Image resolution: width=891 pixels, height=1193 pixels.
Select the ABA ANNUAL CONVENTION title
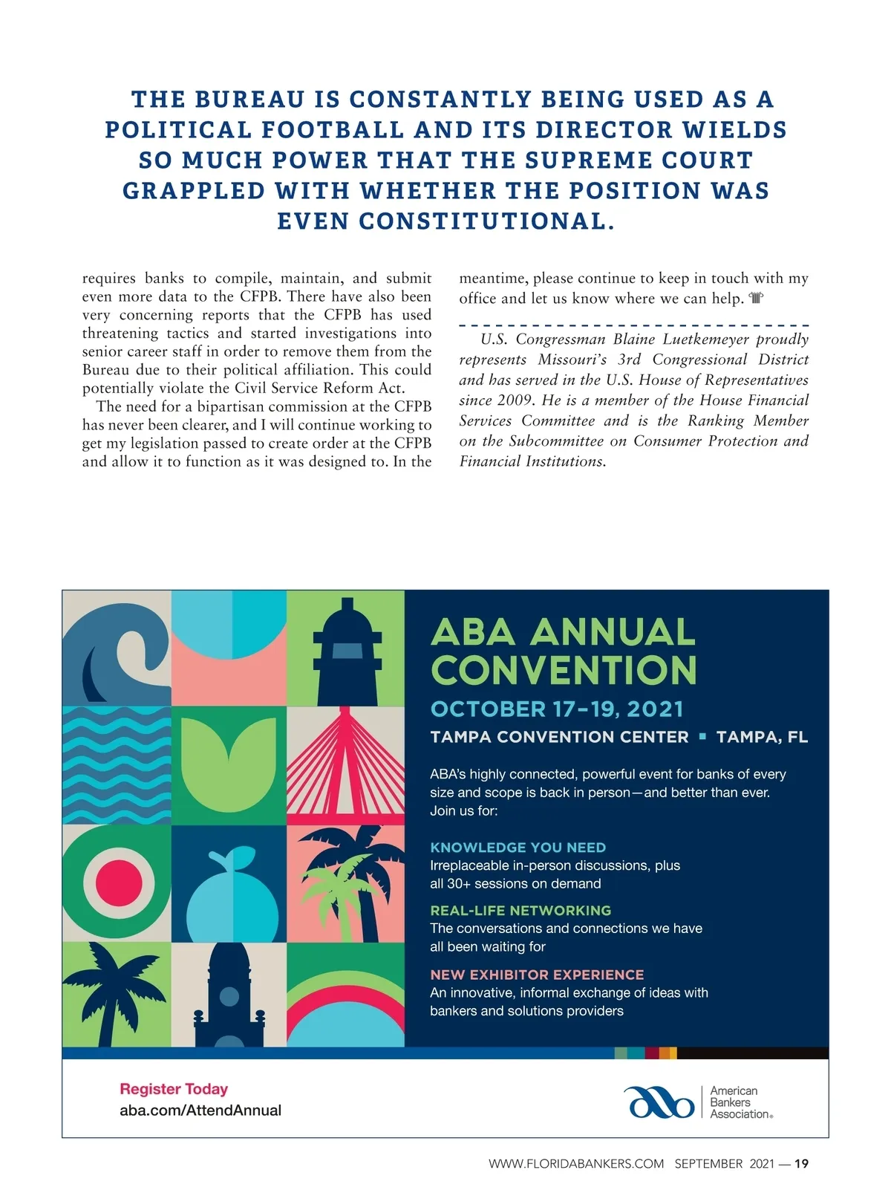(x=563, y=651)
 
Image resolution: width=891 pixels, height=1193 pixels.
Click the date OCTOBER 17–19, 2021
(x=556, y=709)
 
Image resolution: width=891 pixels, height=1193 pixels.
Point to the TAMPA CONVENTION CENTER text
(x=559, y=737)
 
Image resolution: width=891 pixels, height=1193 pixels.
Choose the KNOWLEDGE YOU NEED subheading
(x=518, y=848)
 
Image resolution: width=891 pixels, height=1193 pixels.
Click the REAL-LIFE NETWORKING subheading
(x=520, y=910)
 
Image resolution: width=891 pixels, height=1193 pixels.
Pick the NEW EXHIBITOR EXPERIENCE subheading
(x=537, y=975)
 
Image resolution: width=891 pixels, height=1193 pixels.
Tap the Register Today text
(x=174, y=1089)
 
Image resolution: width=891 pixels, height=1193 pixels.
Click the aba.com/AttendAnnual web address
(x=200, y=1111)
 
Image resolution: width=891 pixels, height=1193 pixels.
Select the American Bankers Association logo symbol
(x=659, y=1102)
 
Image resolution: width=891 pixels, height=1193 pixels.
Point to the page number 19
(x=801, y=1164)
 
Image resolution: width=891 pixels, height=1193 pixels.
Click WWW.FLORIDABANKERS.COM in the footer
(x=576, y=1164)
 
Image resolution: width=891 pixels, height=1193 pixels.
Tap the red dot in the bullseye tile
(x=116, y=882)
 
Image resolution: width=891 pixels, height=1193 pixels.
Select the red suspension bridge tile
(x=345, y=765)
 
